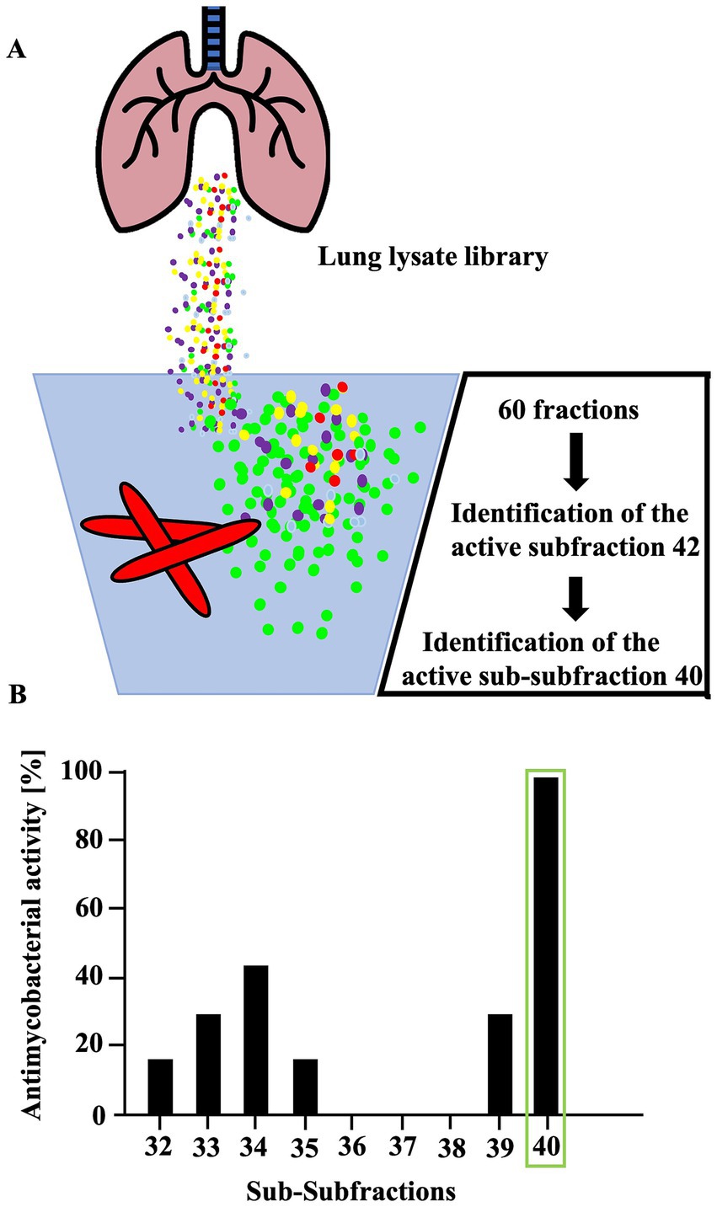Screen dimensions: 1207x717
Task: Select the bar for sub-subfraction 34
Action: click(x=255, y=1039)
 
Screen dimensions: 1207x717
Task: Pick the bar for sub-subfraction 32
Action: click(x=159, y=1087)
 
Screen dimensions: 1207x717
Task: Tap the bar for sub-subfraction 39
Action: click(x=500, y=1064)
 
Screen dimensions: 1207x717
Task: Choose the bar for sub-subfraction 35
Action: click(x=304, y=1087)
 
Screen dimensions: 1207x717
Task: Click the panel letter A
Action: click(x=15, y=50)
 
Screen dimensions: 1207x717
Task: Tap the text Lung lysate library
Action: click(x=432, y=258)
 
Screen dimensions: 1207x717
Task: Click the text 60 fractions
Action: click(x=568, y=410)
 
